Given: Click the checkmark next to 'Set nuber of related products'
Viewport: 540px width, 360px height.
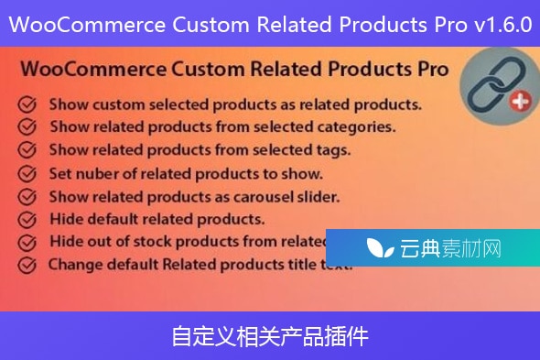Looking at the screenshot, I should (27, 171).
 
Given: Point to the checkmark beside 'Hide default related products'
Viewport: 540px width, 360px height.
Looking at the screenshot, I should (27, 219).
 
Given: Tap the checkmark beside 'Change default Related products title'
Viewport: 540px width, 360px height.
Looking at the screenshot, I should (27, 266).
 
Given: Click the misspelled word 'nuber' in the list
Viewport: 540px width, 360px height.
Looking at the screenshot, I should (94, 171).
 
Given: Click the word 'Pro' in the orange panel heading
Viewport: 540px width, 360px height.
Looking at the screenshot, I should (429, 69).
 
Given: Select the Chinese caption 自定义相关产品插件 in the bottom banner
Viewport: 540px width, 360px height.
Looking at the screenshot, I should (270, 336).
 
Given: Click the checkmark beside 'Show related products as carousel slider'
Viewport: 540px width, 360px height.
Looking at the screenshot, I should (27, 195).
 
